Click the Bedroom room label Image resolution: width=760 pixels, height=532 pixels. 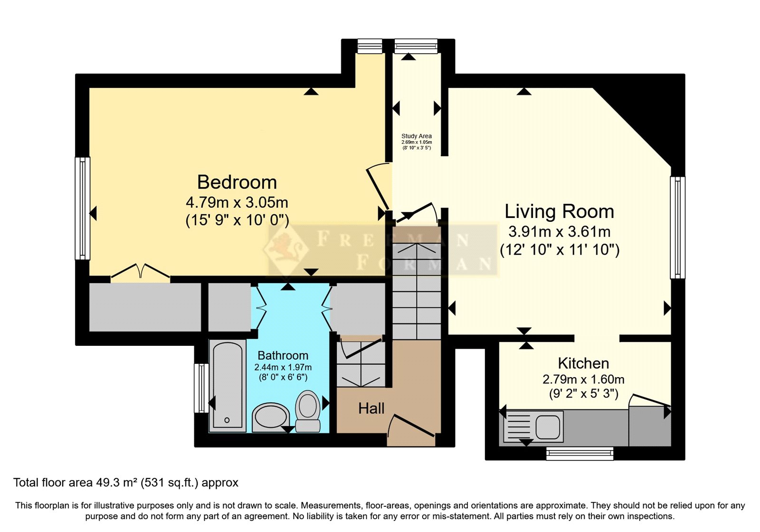pyautogui.click(x=237, y=182)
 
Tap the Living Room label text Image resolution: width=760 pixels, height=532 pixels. pyautogui.click(x=559, y=211)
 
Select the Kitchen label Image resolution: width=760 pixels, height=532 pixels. pyautogui.click(x=583, y=363)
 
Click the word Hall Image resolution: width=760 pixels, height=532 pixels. pyautogui.click(x=371, y=408)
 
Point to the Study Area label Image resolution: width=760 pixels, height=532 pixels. pyautogui.click(x=416, y=136)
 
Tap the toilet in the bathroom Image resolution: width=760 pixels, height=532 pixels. pyautogui.click(x=308, y=411)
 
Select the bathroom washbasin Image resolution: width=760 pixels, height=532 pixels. pyautogui.click(x=270, y=418)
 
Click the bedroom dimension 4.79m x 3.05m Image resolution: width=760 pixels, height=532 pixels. pyautogui.click(x=237, y=203)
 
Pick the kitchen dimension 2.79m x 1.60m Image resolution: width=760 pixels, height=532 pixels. pyautogui.click(x=583, y=380)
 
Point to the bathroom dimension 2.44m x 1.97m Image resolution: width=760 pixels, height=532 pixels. pyautogui.click(x=283, y=367)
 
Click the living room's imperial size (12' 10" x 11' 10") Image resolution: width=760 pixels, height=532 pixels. pyautogui.click(x=559, y=250)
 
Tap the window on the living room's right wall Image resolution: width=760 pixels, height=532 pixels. pyautogui.click(x=677, y=227)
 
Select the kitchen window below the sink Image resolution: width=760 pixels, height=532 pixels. pyautogui.click(x=579, y=453)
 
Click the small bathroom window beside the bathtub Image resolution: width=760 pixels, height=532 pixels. pyautogui.click(x=202, y=388)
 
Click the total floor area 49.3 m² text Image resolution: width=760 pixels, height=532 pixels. pyautogui.click(x=125, y=483)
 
